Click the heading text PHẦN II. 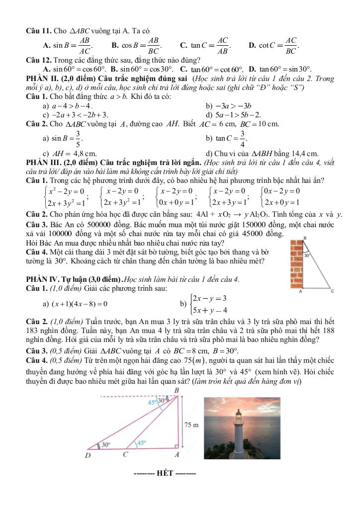[44, 79]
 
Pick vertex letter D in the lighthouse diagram [88, 455]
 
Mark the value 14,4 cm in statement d [305, 154]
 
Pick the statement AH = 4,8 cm [72, 154]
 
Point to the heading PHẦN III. [46, 163]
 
